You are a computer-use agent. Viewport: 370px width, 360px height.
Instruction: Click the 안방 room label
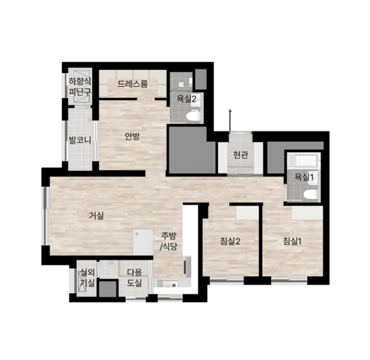pyautogui.click(x=132, y=136)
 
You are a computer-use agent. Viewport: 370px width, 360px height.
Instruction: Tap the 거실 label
pyautogui.click(x=96, y=215)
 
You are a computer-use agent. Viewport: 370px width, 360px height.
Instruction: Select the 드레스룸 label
pyautogui.click(x=133, y=84)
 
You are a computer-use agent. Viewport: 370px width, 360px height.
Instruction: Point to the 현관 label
pyautogui.click(x=241, y=155)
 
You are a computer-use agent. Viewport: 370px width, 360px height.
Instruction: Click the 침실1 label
pyautogui.click(x=292, y=241)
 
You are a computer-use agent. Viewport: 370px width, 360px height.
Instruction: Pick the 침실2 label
pyautogui.click(x=230, y=241)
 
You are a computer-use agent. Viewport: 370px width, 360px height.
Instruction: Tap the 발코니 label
pyautogui.click(x=80, y=140)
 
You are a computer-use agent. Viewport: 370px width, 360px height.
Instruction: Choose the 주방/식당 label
pyautogui.click(x=169, y=241)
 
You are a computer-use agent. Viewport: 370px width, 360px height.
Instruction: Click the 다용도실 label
pyautogui.click(x=134, y=277)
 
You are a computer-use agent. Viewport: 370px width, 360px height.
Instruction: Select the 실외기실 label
pyautogui.click(x=87, y=277)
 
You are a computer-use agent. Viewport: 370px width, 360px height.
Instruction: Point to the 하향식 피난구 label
pyautogui.click(x=80, y=87)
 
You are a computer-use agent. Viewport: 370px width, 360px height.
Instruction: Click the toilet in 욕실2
pyautogui.click(x=192, y=116)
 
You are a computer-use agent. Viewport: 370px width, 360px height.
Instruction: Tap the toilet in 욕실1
pyautogui.click(x=310, y=195)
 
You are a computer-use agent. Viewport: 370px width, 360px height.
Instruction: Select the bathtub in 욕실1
pyautogui.click(x=304, y=161)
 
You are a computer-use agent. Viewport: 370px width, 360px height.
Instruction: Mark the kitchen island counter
pyautogui.click(x=143, y=242)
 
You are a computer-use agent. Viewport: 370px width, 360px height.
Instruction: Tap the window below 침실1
pyautogui.click(x=289, y=280)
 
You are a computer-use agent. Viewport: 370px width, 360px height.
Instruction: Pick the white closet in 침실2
pyautogui.click(x=247, y=213)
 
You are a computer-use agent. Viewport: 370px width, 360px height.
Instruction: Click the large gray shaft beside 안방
pyautogui.click(x=191, y=150)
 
